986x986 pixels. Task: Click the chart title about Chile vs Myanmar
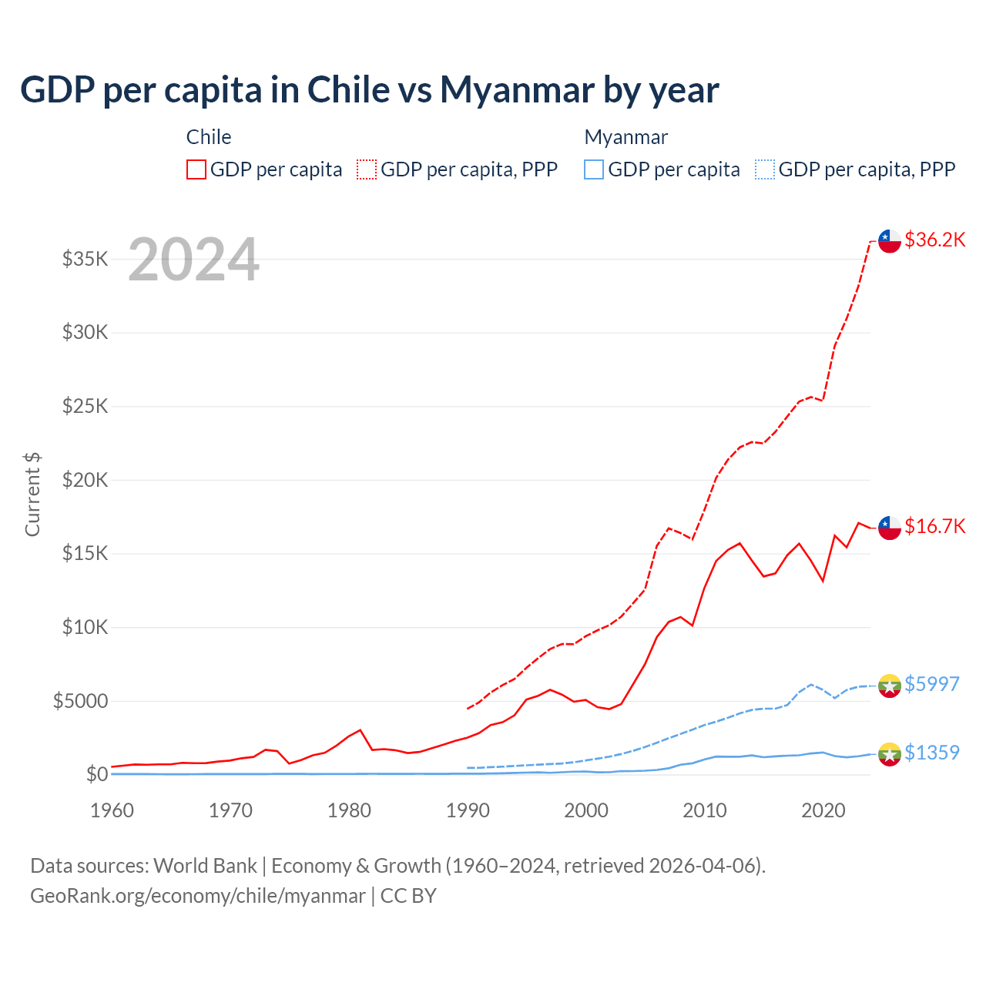coord(370,90)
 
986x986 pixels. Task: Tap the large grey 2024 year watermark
coord(193,260)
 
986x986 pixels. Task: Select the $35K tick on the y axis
coord(85,259)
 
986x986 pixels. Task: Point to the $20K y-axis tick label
coord(85,480)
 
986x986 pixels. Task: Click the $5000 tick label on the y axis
coord(80,701)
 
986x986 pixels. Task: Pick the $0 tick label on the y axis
coord(96,774)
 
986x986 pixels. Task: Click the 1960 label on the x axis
coord(112,810)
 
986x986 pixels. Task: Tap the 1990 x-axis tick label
coord(468,810)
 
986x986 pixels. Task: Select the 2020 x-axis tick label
coord(823,810)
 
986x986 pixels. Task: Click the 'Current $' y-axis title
coord(32,495)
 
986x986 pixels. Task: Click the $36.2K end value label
coord(934,240)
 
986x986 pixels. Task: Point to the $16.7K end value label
coord(934,526)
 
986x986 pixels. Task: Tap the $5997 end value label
coord(931,684)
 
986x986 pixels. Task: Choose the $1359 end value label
coord(931,753)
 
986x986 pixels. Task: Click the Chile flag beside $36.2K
coord(890,240)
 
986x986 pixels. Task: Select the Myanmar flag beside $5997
coord(890,686)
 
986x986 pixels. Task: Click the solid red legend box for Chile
coord(196,169)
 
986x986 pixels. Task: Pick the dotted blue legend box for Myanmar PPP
coord(765,169)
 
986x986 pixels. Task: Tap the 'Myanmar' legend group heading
coord(625,137)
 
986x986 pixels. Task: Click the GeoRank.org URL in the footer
coord(197,896)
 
